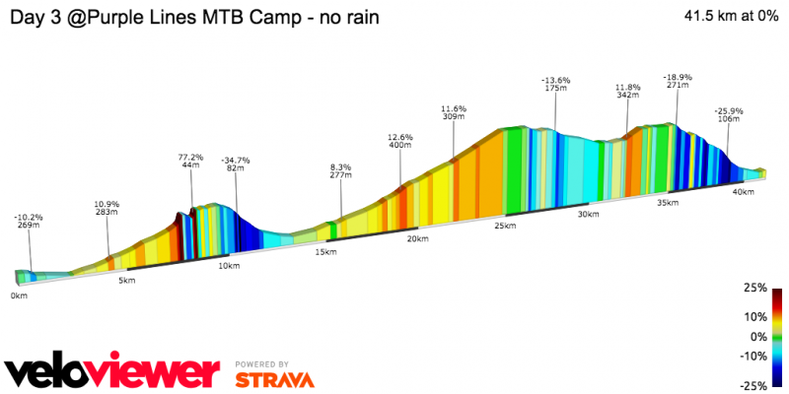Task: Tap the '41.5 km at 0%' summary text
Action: [727, 16]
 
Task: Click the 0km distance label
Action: [19, 295]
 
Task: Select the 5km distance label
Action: [126, 281]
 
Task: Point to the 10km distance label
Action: [229, 266]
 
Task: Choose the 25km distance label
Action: [505, 226]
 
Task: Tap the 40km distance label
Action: [744, 192]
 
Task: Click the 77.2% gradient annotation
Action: [190, 162]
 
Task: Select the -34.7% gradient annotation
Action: [236, 164]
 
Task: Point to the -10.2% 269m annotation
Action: [29, 221]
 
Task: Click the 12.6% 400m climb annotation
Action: [400, 141]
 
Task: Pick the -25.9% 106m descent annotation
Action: [730, 114]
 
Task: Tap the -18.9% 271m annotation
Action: [677, 81]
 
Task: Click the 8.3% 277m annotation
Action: [341, 171]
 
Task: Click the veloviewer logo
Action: [111, 372]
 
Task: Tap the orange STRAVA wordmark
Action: [275, 379]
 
